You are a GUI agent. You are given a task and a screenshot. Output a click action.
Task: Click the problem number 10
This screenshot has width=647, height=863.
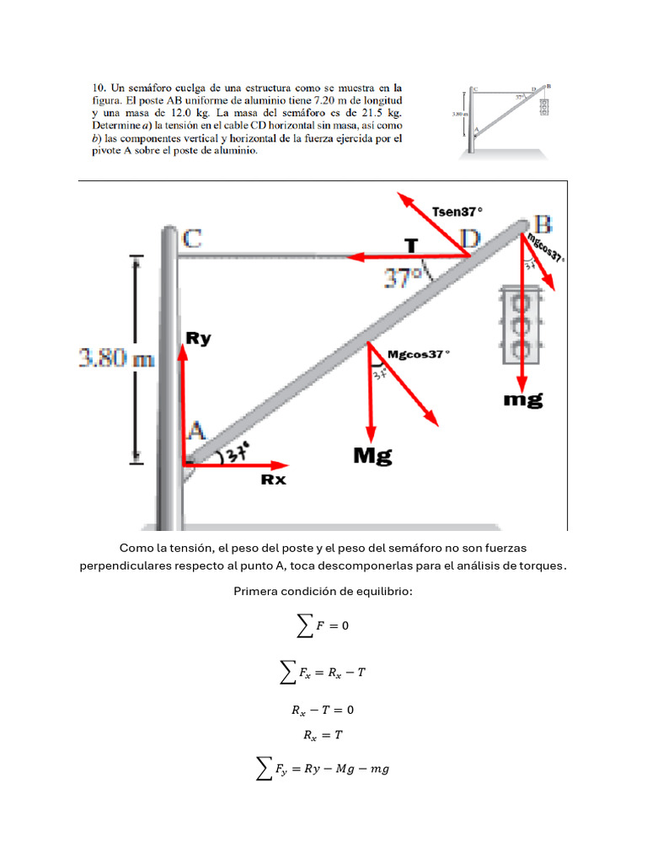point(97,87)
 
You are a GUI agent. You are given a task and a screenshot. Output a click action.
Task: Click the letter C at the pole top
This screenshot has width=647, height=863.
point(192,239)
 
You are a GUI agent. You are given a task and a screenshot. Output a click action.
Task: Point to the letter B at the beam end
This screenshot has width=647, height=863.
point(543,224)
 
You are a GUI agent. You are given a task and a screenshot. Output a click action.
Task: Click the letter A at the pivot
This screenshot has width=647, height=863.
point(196,431)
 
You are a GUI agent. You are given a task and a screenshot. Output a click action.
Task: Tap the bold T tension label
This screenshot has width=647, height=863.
point(411,245)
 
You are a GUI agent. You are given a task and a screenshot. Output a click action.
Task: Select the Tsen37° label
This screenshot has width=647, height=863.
point(458,212)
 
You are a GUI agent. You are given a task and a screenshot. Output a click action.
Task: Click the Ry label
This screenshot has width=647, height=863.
point(198,339)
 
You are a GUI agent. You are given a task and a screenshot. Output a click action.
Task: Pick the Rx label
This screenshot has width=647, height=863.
point(273,480)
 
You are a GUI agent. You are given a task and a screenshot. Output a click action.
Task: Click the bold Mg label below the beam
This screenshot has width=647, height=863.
point(372,456)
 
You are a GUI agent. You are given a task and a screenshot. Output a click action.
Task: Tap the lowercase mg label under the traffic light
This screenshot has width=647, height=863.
point(523,399)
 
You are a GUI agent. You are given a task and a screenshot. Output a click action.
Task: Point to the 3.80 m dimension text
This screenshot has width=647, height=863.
point(117,359)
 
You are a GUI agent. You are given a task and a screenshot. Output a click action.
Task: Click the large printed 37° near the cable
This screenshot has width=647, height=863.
point(403,276)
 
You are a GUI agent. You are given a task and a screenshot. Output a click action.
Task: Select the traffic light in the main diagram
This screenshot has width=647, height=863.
point(521,324)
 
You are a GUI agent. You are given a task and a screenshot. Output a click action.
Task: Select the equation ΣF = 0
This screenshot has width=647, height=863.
point(323,624)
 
